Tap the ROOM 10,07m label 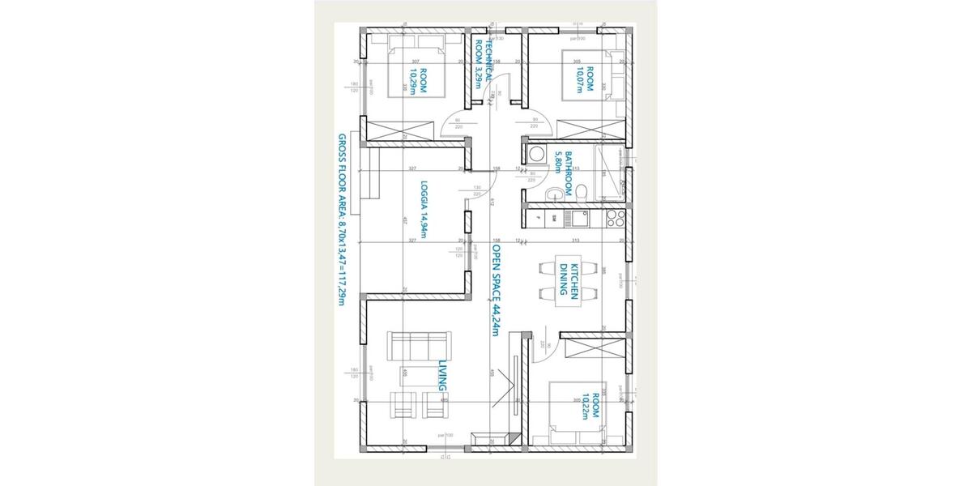(x=585, y=80)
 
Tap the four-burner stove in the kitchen (x=613, y=217)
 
